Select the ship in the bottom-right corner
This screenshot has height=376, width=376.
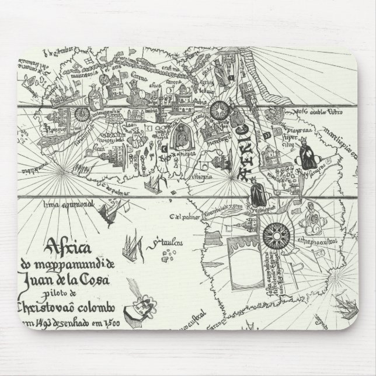pos(344,327)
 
